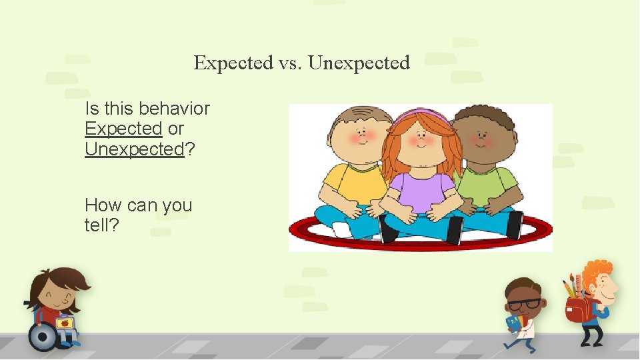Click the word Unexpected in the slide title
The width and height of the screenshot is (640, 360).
pyautogui.click(x=359, y=63)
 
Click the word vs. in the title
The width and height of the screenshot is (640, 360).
pyautogui.click(x=290, y=63)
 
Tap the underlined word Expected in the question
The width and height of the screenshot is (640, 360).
pyautogui.click(x=123, y=128)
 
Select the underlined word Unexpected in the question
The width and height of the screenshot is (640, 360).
pyautogui.click(x=134, y=149)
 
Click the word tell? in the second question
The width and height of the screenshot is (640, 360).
pyautogui.click(x=102, y=225)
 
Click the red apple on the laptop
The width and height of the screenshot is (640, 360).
pyautogui.click(x=65, y=323)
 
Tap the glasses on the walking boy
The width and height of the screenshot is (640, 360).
pyautogui.click(x=523, y=304)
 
